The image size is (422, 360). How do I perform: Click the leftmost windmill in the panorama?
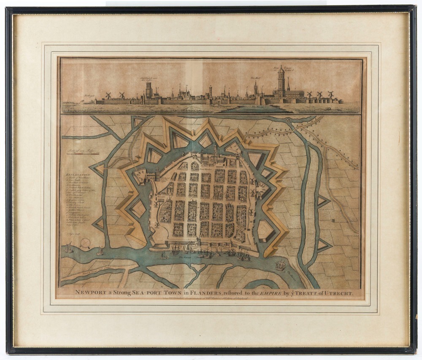point(108,96)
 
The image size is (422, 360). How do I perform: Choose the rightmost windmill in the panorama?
point(331,95)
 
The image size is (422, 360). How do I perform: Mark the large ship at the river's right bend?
point(280,266)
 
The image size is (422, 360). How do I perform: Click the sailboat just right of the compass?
point(100,252)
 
